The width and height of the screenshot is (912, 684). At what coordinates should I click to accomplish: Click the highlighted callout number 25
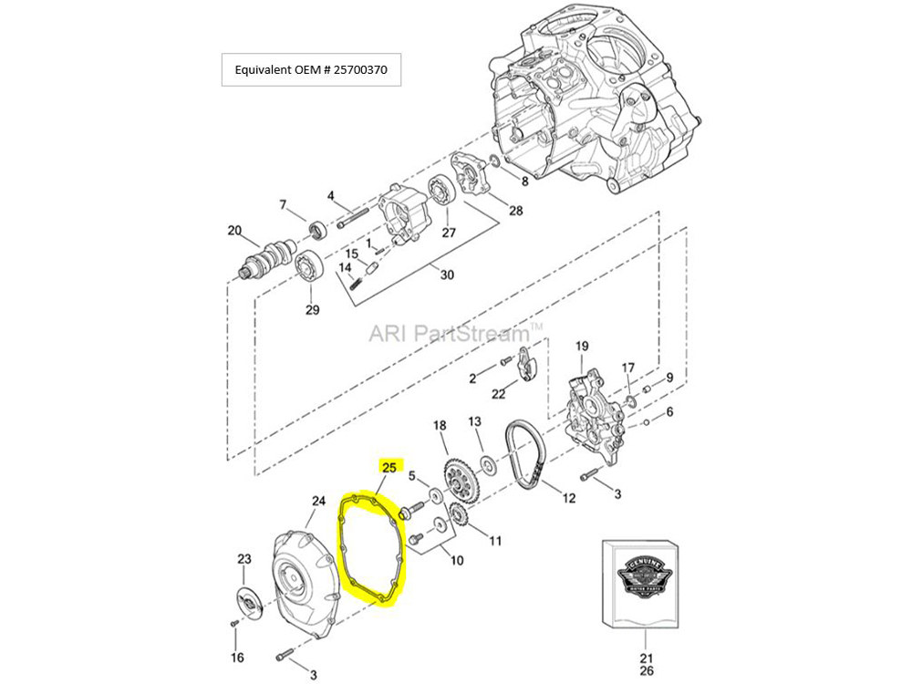point(389,467)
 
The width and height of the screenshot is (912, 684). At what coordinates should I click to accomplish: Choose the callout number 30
point(446,275)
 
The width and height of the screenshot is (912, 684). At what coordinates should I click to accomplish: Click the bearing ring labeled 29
point(312,267)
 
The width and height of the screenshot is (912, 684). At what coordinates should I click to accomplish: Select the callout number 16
point(237,658)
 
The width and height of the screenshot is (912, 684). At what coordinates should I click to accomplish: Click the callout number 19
point(582,347)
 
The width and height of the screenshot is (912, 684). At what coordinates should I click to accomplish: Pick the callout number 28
point(516,212)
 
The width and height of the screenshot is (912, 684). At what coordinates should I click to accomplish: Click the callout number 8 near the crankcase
point(523,181)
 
